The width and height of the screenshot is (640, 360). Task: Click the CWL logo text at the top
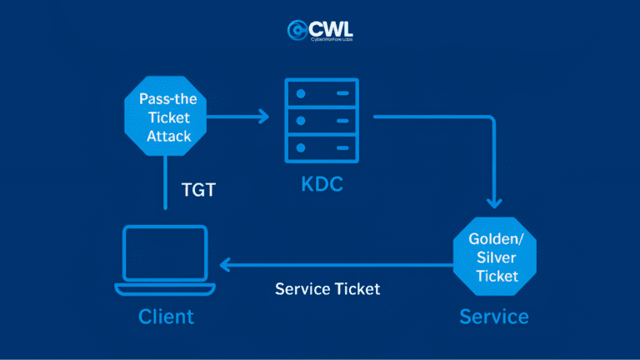click(x=331, y=29)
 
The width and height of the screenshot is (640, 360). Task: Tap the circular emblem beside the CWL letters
click(x=297, y=30)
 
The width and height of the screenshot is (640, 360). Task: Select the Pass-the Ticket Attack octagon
click(x=165, y=116)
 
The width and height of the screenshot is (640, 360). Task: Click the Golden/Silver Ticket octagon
click(x=495, y=257)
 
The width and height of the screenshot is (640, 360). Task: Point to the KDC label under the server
click(x=322, y=184)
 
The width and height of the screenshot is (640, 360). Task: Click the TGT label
click(x=198, y=190)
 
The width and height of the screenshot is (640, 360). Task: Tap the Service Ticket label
click(x=327, y=289)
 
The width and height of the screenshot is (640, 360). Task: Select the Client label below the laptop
click(x=166, y=317)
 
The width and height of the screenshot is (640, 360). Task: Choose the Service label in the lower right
click(x=494, y=317)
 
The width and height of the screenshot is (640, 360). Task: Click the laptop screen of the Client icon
click(x=165, y=253)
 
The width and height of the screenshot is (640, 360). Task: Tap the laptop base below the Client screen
click(x=165, y=289)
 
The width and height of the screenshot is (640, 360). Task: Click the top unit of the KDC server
click(x=322, y=93)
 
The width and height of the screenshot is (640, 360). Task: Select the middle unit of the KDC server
click(x=322, y=121)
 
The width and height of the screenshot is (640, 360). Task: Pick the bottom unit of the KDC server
click(x=322, y=148)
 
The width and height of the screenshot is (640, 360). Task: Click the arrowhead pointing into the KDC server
click(x=264, y=117)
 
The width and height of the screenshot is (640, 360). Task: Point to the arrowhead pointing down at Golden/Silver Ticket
click(x=494, y=202)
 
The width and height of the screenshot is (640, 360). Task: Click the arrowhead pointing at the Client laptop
click(x=225, y=265)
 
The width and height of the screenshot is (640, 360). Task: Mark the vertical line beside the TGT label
click(x=165, y=182)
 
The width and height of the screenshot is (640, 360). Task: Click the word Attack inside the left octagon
click(x=169, y=136)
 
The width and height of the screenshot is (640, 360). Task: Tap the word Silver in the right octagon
click(x=497, y=257)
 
